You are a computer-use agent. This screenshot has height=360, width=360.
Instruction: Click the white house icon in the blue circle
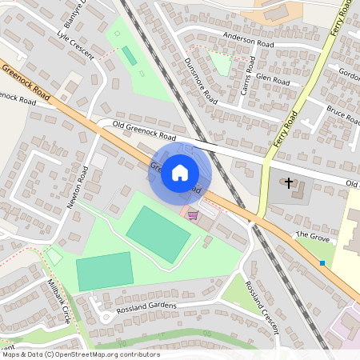pyautogui.click(x=180, y=173)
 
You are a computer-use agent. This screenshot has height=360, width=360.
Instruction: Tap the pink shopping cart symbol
pyautogui.click(x=192, y=215)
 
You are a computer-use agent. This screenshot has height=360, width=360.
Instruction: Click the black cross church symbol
pyautogui.click(x=288, y=184)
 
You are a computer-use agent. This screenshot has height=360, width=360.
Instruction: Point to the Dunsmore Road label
pyautogui.click(x=200, y=81)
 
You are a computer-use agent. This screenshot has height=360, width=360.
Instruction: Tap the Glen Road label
pyautogui.click(x=273, y=79)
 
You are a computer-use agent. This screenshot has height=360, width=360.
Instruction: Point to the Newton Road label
pyautogui.click(x=78, y=187)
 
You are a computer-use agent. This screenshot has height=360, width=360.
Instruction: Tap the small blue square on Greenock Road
pyautogui.click(x=322, y=262)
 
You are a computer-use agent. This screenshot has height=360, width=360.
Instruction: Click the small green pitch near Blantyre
pyautogui.click(x=129, y=56)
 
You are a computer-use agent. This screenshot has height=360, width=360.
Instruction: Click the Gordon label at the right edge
pyautogui.click(x=350, y=72)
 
